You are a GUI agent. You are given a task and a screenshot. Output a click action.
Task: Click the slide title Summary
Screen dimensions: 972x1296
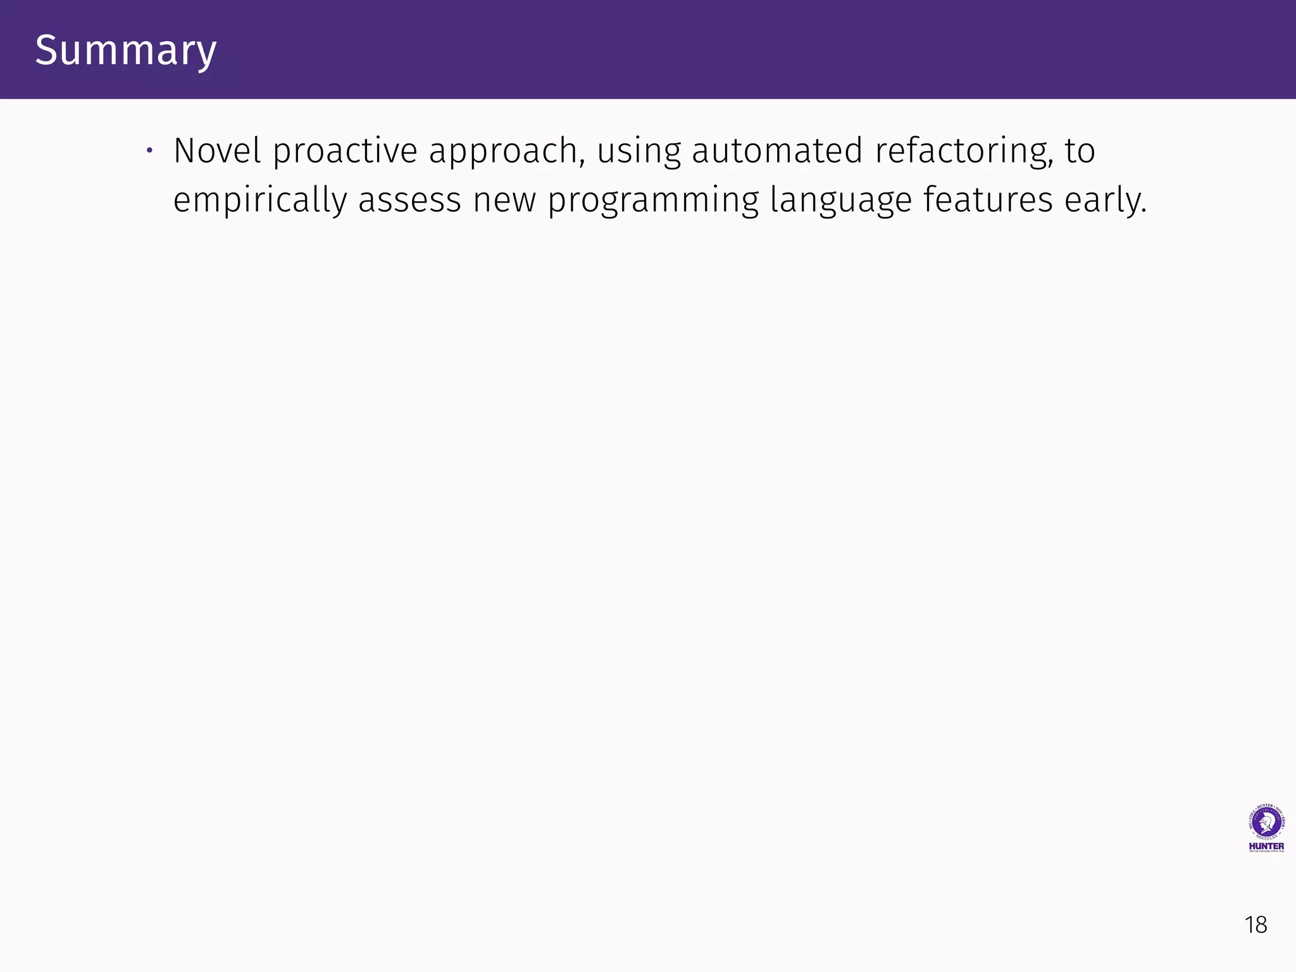point(126,50)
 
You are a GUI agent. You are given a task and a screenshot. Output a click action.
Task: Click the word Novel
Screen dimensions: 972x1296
point(217,151)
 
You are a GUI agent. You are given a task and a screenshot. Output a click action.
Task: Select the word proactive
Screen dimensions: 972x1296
point(345,152)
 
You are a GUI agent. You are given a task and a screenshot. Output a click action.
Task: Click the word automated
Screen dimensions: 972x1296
point(777,151)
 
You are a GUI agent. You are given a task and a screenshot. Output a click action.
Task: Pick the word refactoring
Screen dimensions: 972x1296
point(961,152)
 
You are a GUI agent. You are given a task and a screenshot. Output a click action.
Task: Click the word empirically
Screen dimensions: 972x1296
point(259,201)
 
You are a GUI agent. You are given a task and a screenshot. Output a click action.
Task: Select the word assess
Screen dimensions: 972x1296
point(409,201)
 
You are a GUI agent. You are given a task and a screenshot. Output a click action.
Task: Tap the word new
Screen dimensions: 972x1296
point(504,201)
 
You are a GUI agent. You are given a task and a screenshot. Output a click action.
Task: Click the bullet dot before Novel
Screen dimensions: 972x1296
point(149,151)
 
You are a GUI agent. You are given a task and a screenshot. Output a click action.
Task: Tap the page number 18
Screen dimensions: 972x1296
point(1255,925)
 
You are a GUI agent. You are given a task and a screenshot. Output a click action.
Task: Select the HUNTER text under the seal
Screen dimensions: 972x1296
point(1266,846)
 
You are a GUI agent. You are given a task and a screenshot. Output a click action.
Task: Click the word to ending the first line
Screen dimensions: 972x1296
point(1080,151)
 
